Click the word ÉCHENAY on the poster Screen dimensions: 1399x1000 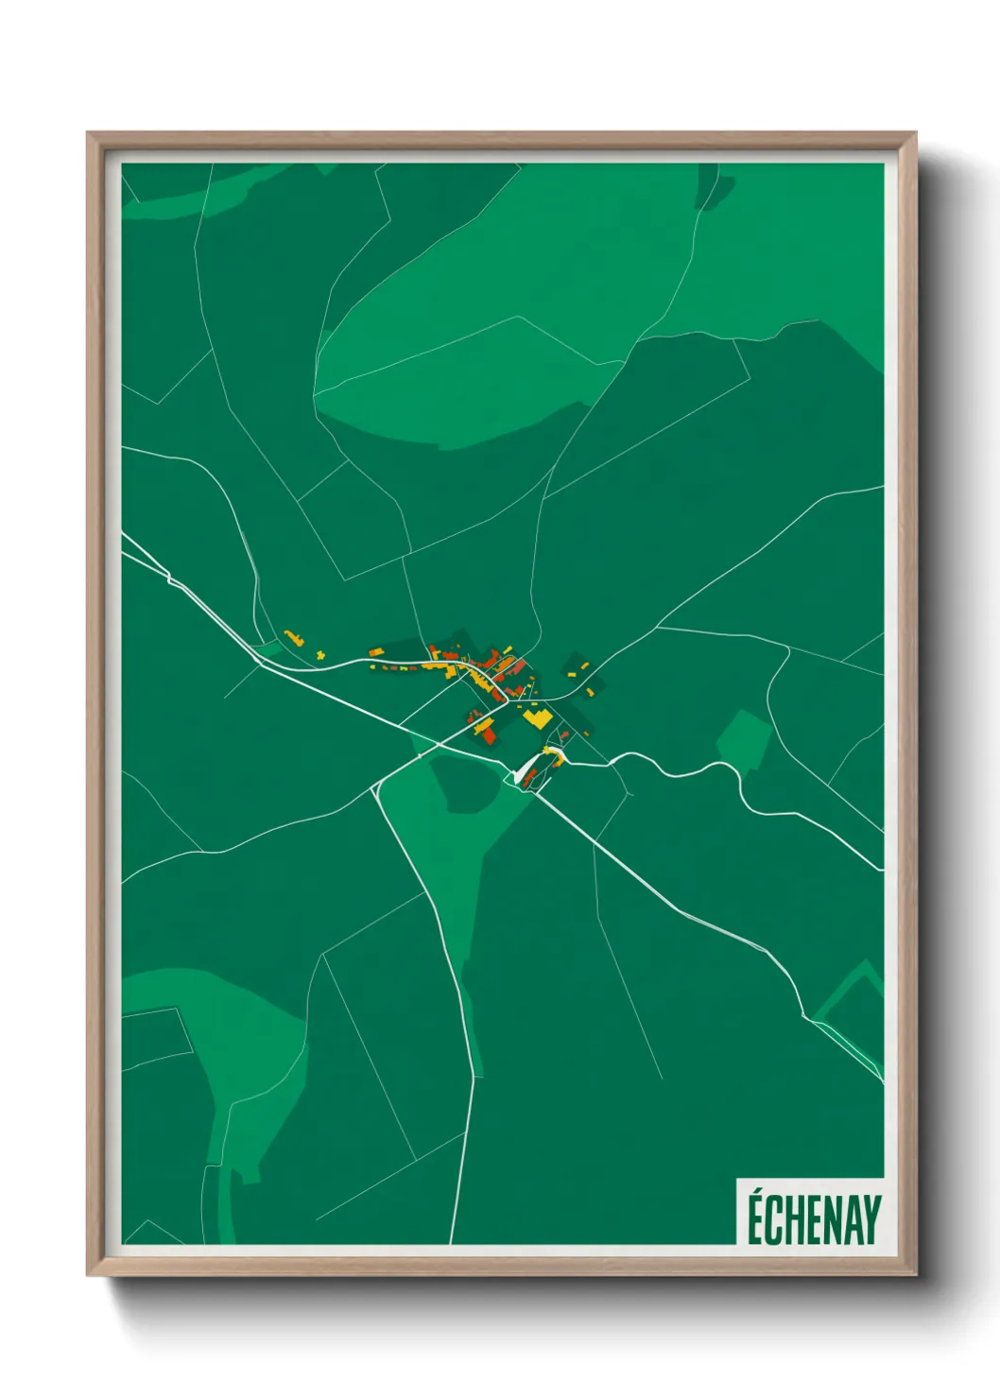(814, 1220)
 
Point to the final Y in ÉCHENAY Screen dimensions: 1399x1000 (871, 1220)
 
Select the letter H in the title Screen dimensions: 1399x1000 (792, 1220)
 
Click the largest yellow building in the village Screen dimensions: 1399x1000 (537, 717)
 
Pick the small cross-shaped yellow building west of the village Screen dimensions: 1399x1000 (320, 653)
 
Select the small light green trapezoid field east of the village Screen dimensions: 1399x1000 (744, 738)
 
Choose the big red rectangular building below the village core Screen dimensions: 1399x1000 (489, 730)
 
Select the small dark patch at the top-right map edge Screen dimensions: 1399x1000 (707, 187)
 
